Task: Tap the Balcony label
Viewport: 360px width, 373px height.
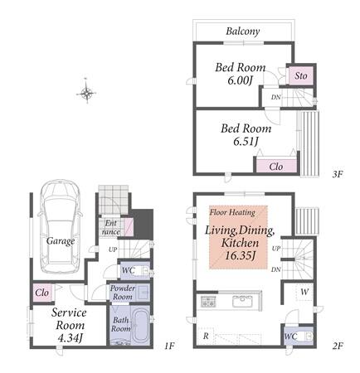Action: coord(243,31)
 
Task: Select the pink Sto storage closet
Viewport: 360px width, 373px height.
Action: coord(301,75)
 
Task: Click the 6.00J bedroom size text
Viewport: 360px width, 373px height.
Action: coord(240,80)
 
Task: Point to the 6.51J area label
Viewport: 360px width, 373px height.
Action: coord(246,142)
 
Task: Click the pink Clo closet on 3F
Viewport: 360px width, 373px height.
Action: coord(276,167)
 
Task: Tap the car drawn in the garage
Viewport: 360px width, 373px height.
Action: coord(60,226)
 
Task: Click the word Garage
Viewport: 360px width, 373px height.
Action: coord(61,241)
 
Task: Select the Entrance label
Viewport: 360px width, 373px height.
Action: coord(111,227)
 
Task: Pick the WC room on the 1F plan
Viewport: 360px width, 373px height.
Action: coord(135,270)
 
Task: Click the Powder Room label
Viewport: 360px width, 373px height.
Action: coord(123,293)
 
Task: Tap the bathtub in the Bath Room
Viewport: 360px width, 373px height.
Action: coord(140,326)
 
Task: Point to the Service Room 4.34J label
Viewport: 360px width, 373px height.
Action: coord(69,325)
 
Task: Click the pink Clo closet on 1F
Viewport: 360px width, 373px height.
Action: coord(42,293)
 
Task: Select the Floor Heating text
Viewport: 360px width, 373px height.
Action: coord(232,212)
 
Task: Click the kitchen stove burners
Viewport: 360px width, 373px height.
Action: coord(207,301)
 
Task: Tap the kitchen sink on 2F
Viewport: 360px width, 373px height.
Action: coord(242,301)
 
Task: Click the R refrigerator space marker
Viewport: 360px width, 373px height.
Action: coord(206,336)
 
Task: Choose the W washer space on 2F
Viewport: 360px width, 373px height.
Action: coord(304,292)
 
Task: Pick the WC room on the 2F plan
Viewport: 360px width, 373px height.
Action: coord(299,336)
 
